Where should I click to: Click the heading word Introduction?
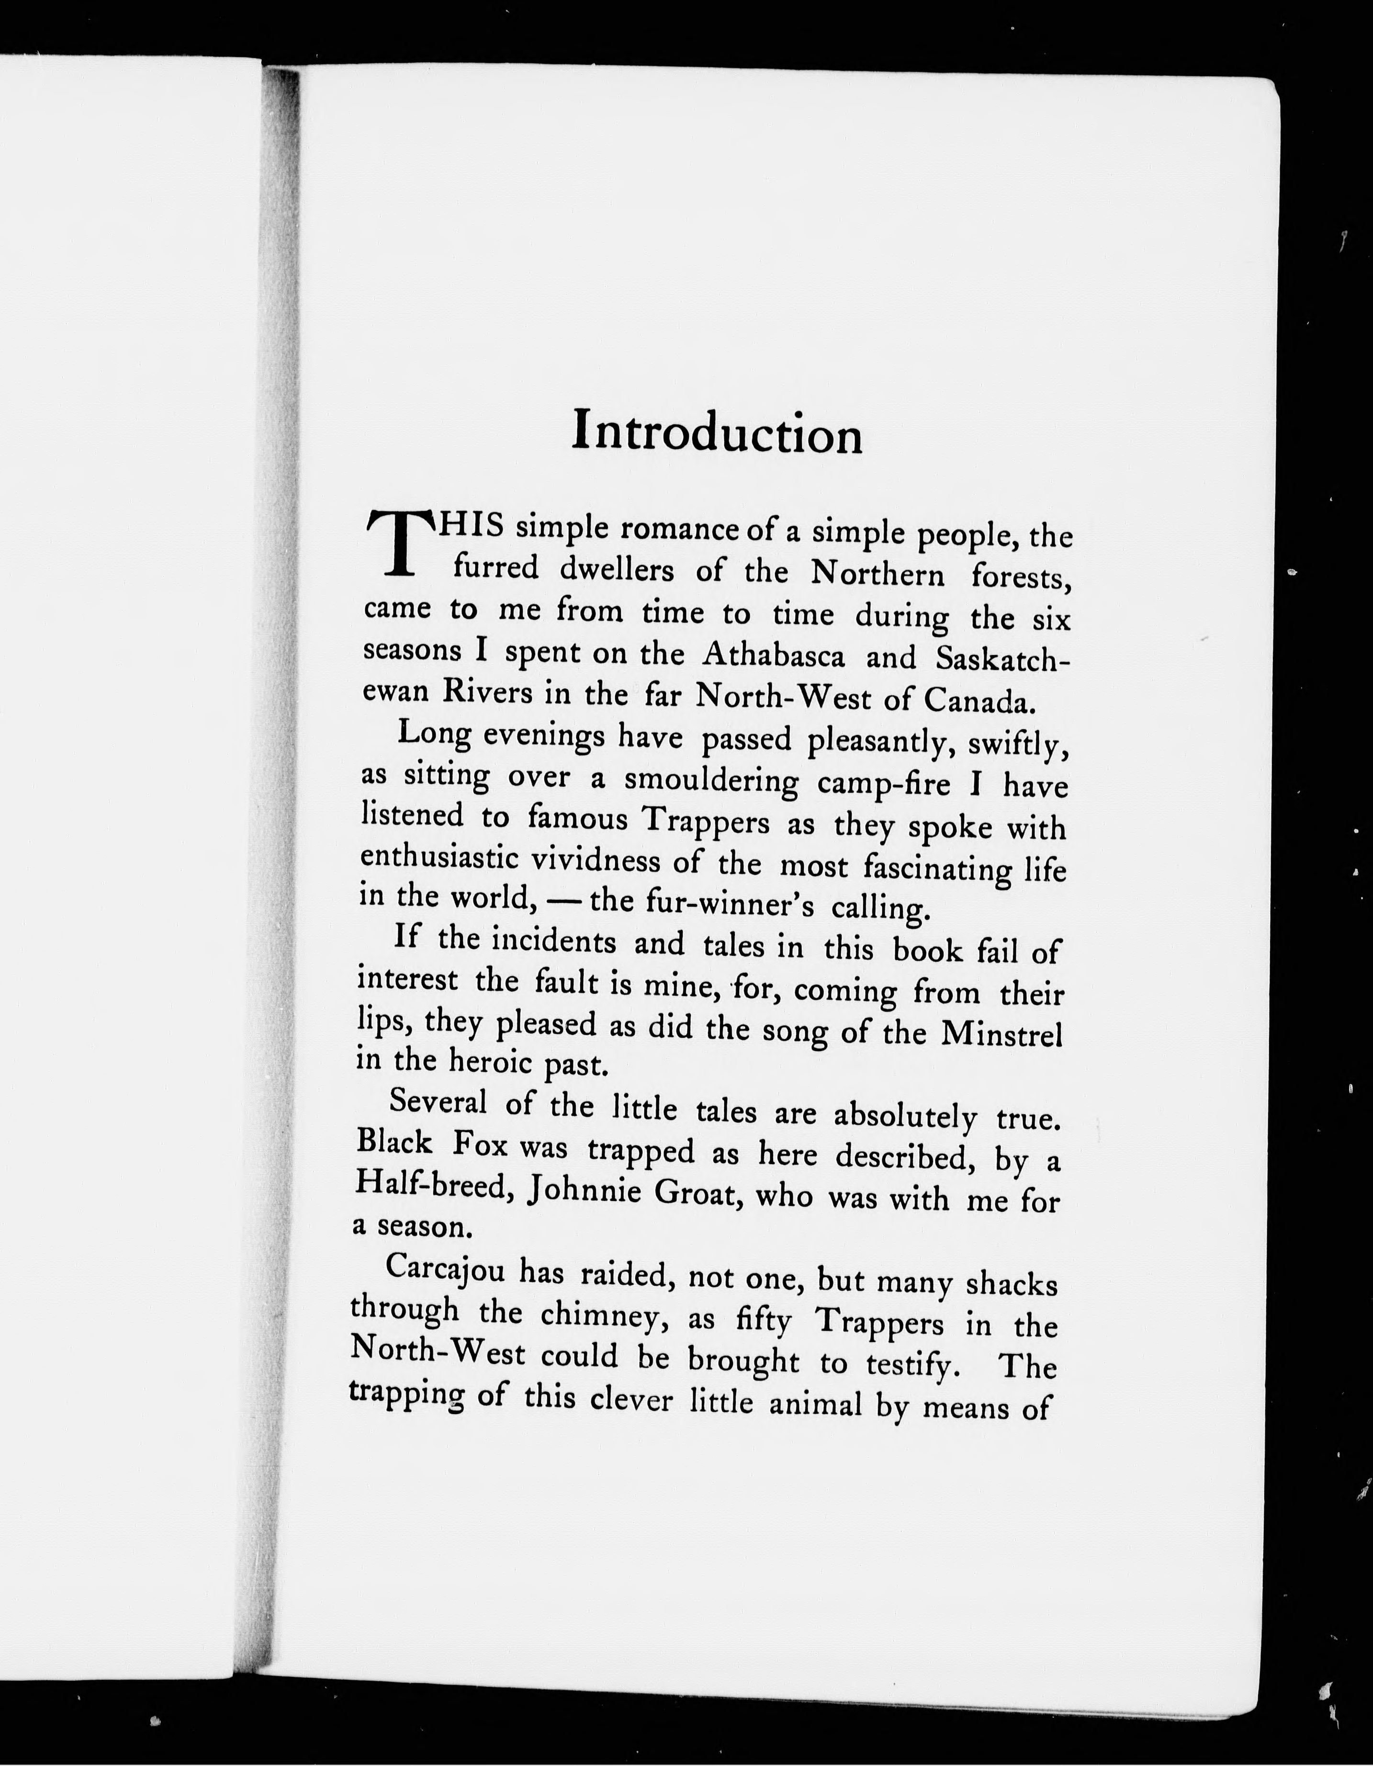717,432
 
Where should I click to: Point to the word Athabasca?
773,655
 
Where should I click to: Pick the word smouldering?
711,781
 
